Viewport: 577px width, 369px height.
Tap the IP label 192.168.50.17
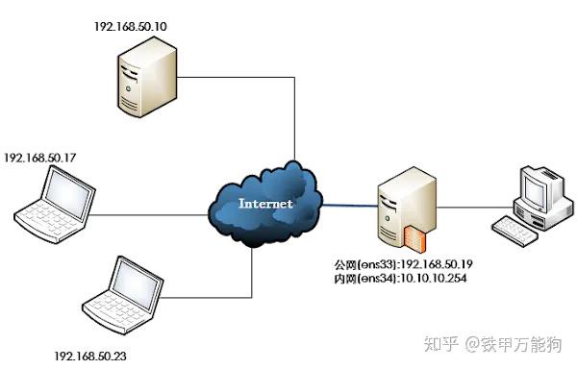coord(40,156)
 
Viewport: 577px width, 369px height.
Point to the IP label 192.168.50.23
coord(92,355)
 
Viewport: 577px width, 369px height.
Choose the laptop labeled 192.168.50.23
coord(121,294)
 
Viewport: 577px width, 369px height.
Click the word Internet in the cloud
coord(264,204)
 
